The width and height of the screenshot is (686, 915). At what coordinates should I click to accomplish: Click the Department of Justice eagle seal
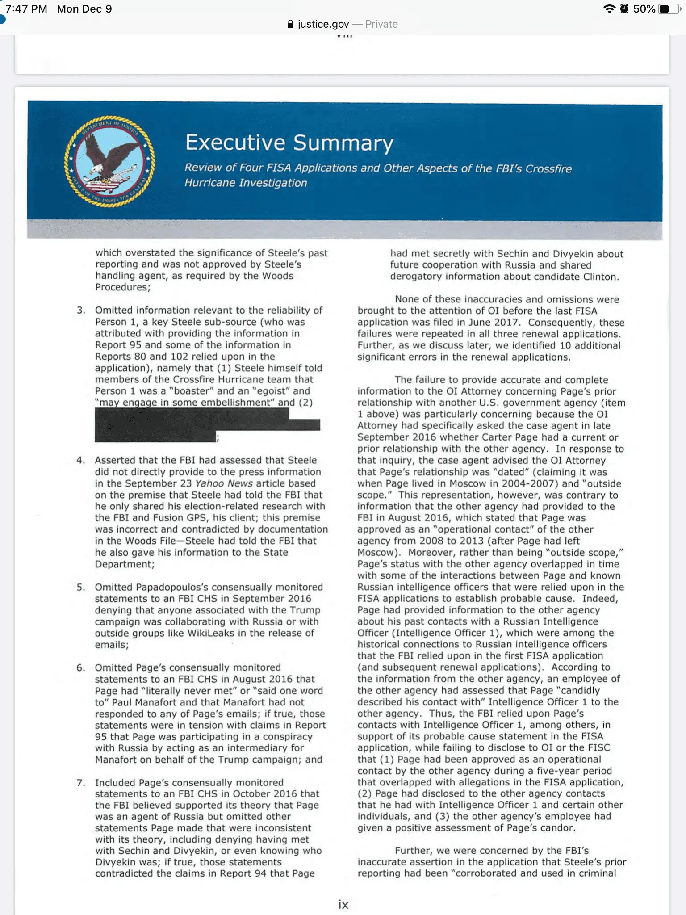click(109, 161)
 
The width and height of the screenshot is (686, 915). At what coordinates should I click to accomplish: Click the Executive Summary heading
click(289, 143)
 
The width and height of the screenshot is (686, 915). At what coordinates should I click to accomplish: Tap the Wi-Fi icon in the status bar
click(609, 9)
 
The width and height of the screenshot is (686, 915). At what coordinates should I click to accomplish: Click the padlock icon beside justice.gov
click(291, 24)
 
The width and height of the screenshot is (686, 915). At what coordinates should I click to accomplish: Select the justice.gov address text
click(323, 24)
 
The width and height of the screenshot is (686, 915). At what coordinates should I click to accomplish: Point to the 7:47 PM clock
click(26, 9)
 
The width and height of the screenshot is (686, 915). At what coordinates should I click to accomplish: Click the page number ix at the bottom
click(343, 904)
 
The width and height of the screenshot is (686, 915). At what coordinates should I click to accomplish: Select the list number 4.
click(80, 460)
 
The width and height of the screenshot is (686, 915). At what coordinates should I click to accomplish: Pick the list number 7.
click(80, 782)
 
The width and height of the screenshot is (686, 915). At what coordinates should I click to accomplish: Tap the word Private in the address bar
click(381, 24)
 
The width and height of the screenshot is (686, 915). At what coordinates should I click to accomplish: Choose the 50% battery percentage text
click(644, 9)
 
